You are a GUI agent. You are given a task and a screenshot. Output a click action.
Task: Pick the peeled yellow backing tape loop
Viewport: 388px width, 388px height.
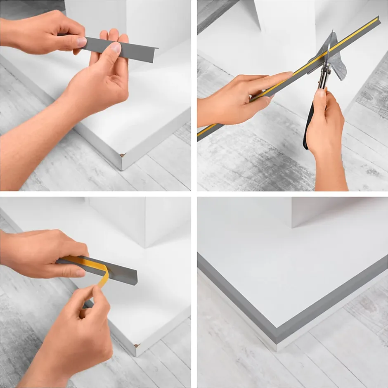tap(103, 272)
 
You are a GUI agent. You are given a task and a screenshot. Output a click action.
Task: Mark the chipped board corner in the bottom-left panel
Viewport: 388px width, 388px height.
tap(137, 345)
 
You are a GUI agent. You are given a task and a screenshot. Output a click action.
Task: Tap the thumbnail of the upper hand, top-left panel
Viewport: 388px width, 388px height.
tap(82, 42)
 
